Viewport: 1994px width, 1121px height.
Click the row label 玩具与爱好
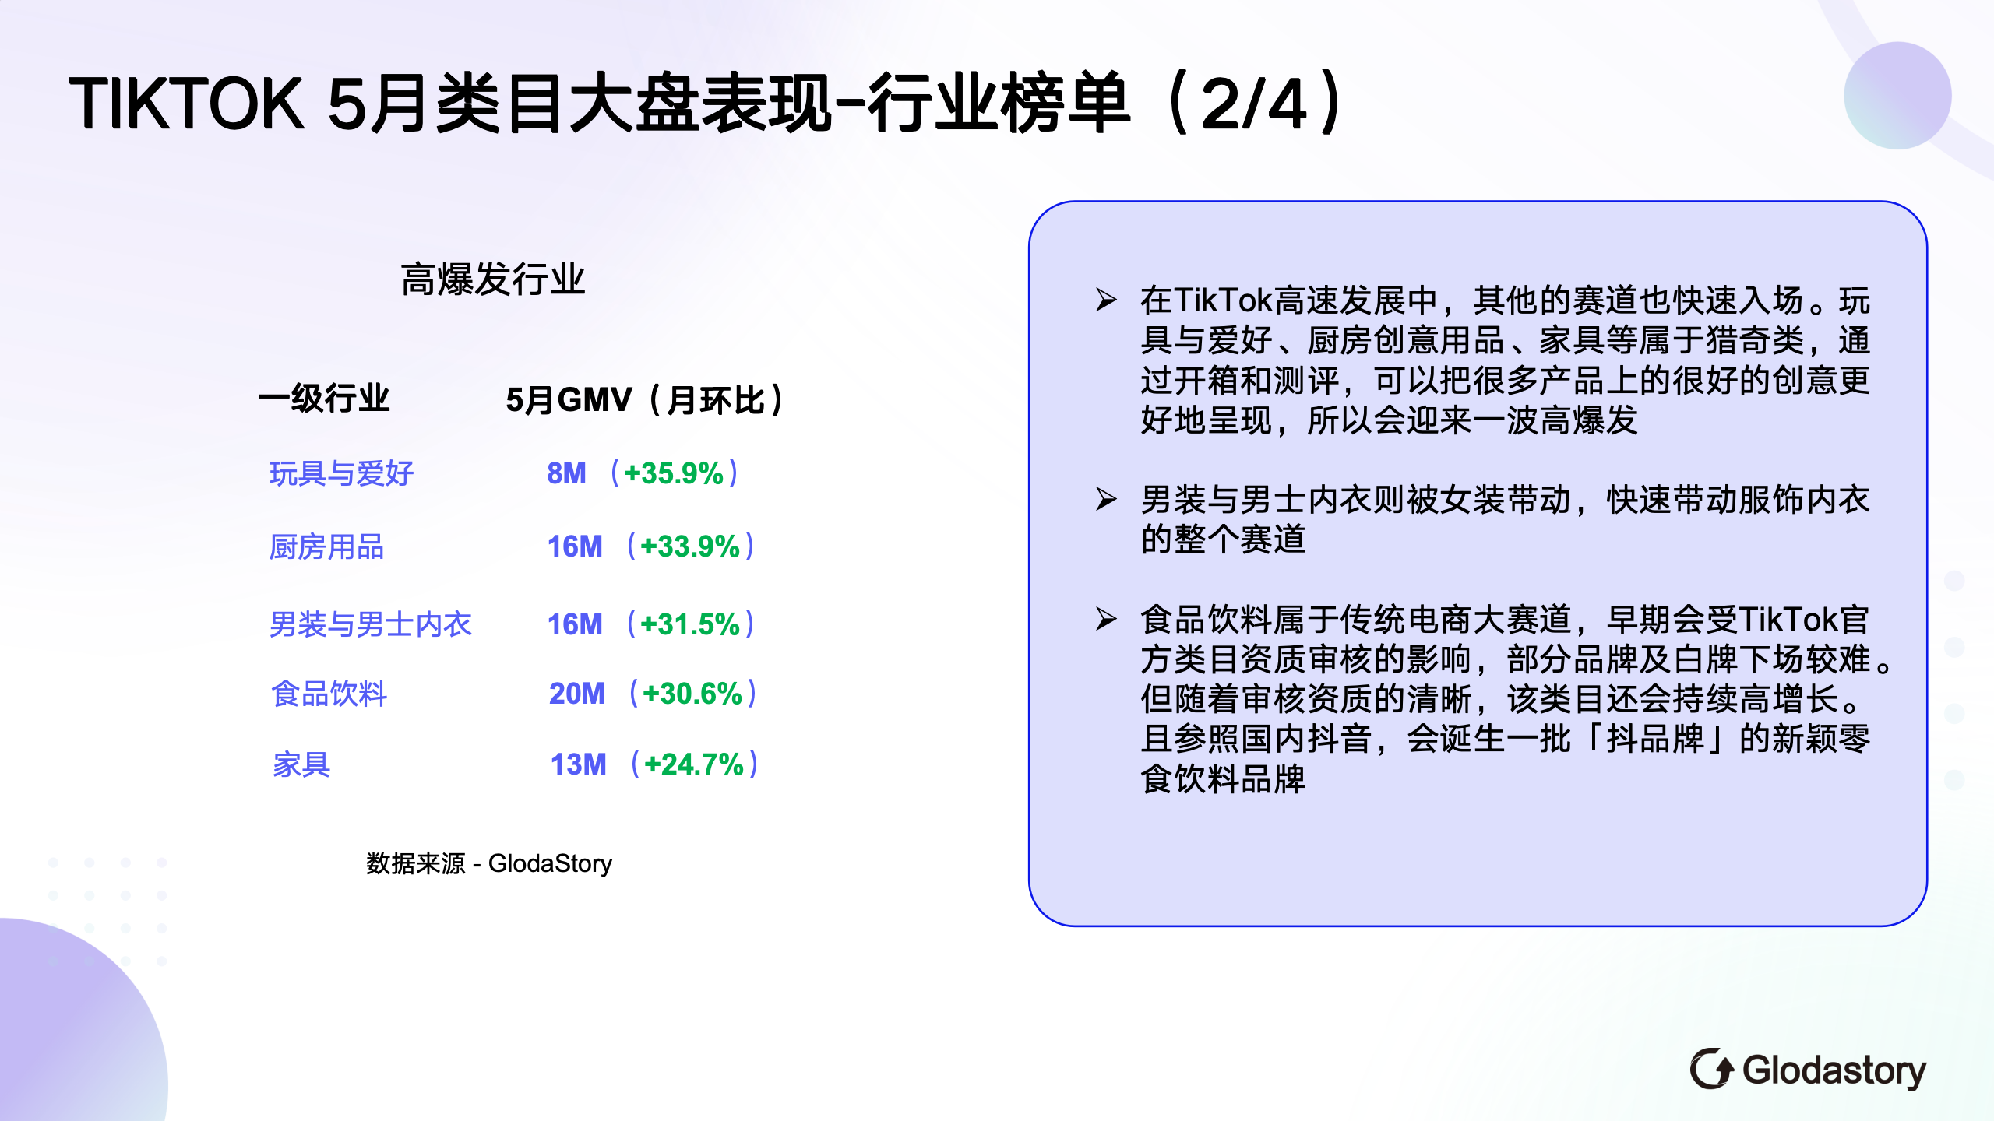(341, 473)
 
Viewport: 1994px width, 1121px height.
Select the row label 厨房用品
(326, 547)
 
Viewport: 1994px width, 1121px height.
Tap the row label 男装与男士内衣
(371, 624)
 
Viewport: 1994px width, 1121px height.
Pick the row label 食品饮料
(329, 694)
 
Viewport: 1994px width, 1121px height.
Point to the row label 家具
(301, 764)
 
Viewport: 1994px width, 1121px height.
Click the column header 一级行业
(324, 399)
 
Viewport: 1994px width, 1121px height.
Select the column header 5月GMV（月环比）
(645, 400)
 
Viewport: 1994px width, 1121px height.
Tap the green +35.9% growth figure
(674, 473)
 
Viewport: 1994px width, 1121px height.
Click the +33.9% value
(690, 546)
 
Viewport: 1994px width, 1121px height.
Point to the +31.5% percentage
(690, 624)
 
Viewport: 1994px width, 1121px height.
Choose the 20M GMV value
(576, 694)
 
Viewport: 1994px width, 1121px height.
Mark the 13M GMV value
(578, 764)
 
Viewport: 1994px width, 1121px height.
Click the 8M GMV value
(566, 473)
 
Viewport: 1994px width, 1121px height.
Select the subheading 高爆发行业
(493, 279)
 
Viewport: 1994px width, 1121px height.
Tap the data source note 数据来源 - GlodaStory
(489, 863)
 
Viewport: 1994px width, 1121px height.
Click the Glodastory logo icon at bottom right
(1711, 1069)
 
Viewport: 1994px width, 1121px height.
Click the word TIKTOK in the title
(186, 104)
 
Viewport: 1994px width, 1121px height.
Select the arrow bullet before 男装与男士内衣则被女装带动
(1106, 498)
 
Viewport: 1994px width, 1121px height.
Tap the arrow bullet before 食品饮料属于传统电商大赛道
(1106, 619)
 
